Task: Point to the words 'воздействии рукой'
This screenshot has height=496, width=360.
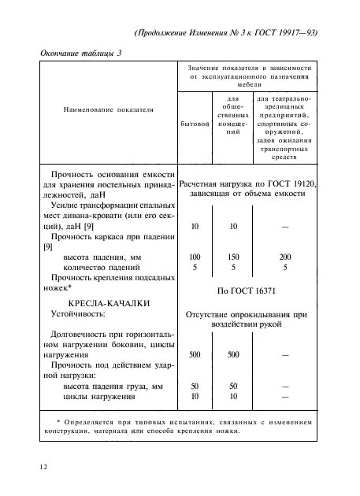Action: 250,323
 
